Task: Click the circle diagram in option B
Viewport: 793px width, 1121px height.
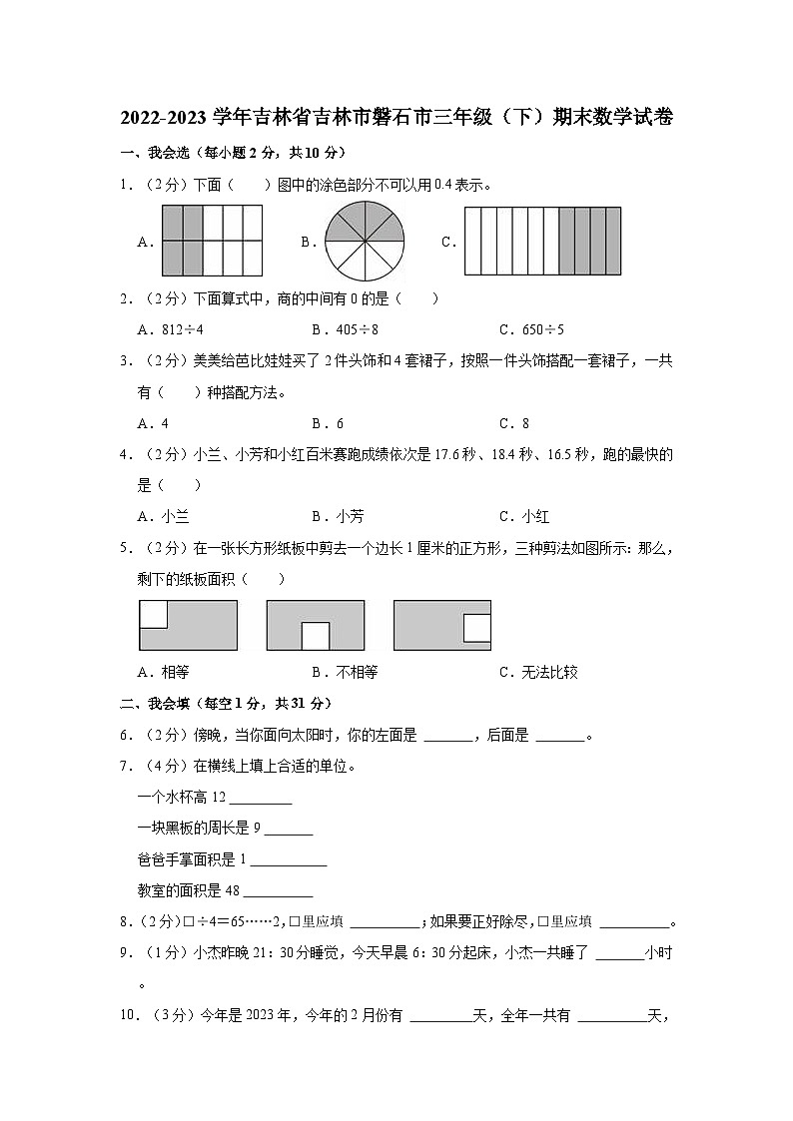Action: (x=366, y=242)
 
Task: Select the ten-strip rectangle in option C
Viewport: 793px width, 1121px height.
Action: (x=542, y=242)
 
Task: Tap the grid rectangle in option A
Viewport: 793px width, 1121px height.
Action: (x=212, y=241)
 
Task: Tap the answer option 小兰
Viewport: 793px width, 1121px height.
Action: (x=164, y=516)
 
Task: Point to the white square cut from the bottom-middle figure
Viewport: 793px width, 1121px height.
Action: (x=316, y=636)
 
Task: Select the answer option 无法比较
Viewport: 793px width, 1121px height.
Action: (x=538, y=672)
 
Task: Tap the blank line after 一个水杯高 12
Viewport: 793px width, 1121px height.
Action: (x=261, y=799)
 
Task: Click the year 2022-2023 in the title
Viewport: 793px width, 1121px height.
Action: (x=164, y=118)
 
